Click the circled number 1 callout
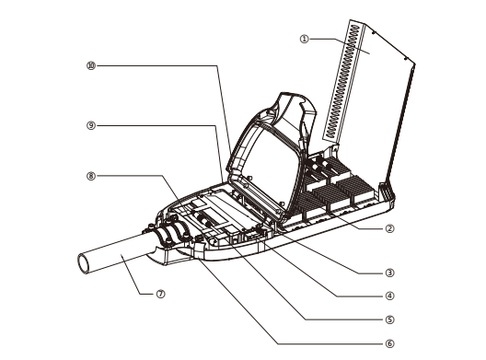click(x=305, y=39)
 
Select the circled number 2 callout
click(x=389, y=229)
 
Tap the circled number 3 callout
click(x=389, y=273)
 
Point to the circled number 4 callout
click(x=389, y=296)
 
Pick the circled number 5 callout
click(x=389, y=319)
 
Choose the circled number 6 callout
click(x=389, y=343)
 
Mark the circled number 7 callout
click(x=160, y=294)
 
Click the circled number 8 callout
click(x=91, y=176)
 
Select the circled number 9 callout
click(x=91, y=125)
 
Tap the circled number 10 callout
click(x=91, y=65)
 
